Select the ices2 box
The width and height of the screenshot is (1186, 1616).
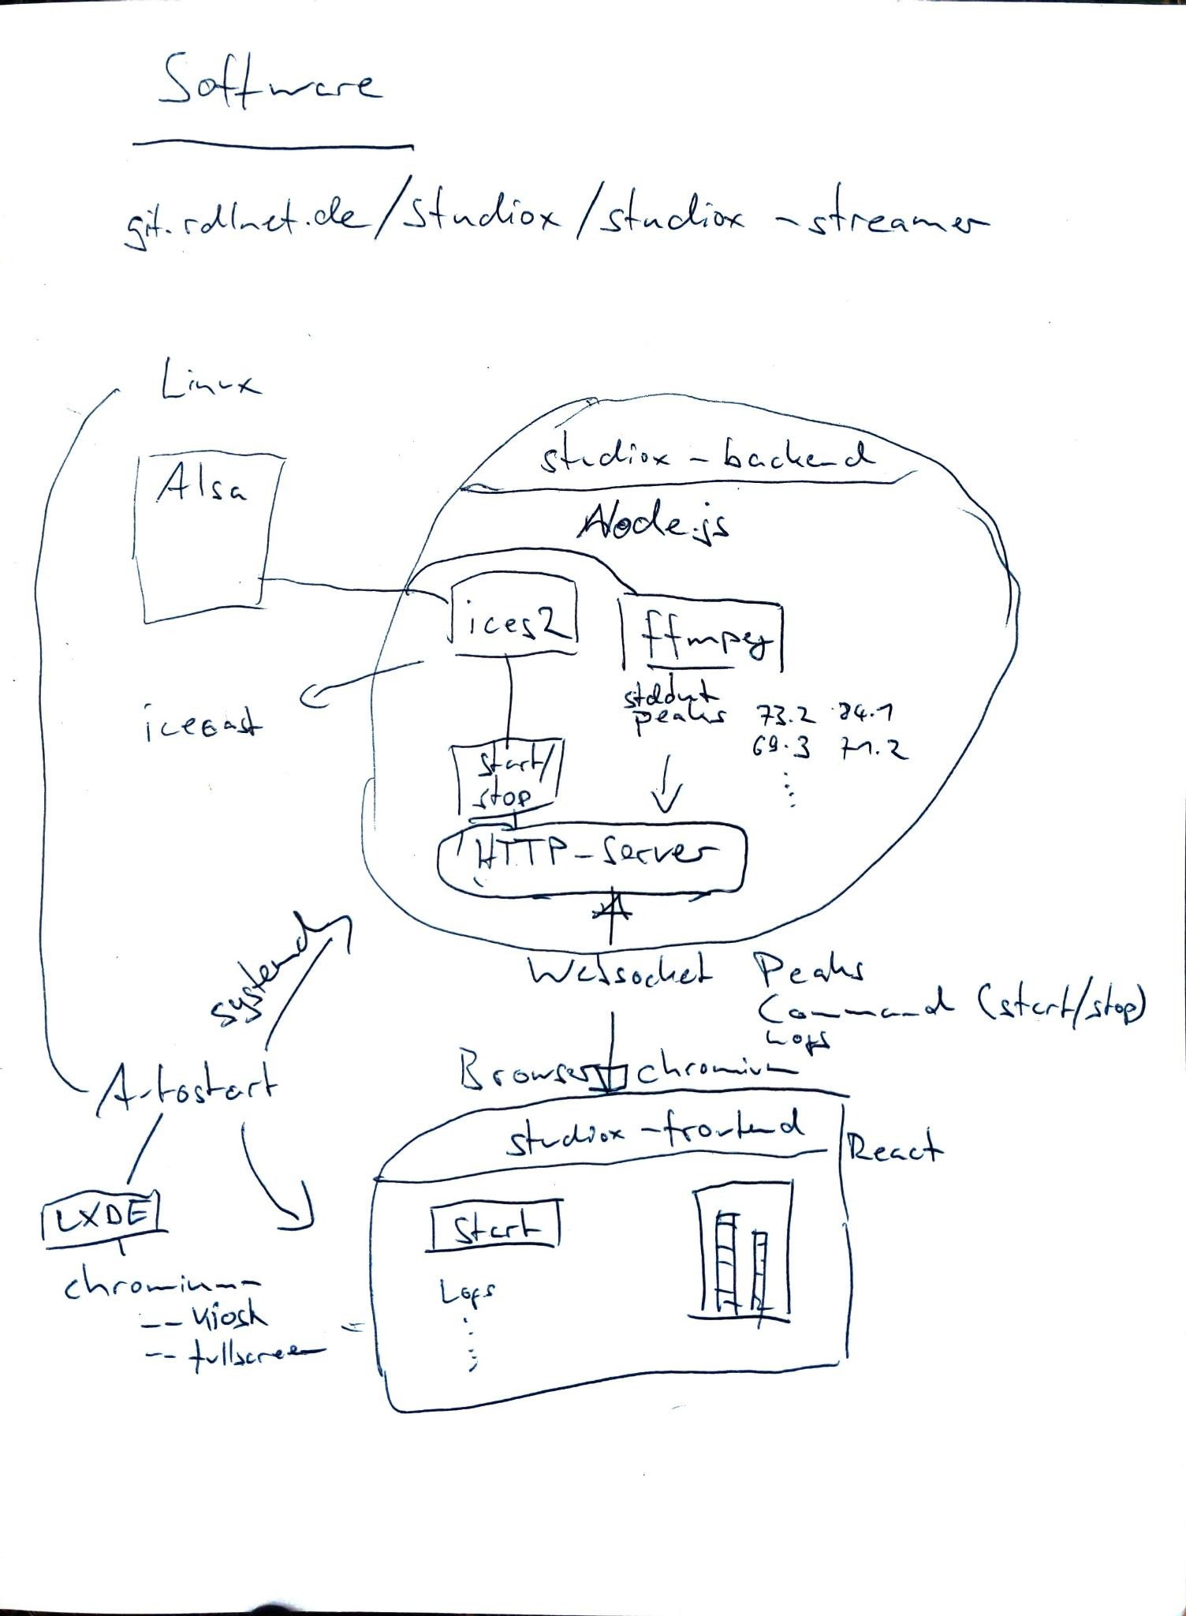513,618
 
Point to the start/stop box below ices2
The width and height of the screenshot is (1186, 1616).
509,780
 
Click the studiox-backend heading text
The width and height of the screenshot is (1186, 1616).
706,457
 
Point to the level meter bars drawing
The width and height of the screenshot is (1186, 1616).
741,1251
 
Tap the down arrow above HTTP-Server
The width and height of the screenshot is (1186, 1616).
666,784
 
